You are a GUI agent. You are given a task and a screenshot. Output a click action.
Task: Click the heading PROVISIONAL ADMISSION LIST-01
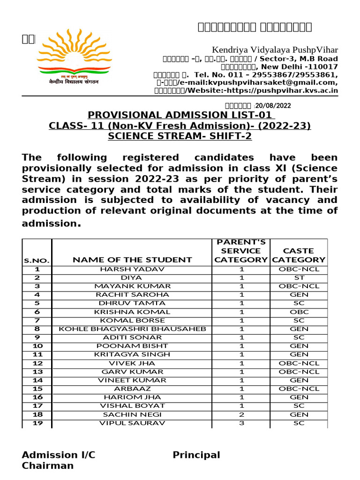(180, 115)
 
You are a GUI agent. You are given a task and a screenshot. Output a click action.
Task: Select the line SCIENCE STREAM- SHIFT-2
(180, 136)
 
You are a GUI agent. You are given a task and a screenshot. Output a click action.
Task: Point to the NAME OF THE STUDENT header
(132, 259)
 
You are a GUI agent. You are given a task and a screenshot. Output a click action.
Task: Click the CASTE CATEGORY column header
(299, 255)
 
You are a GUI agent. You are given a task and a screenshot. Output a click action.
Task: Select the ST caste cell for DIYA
(299, 277)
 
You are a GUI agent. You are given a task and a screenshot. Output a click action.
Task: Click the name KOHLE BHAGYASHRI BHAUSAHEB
(132, 329)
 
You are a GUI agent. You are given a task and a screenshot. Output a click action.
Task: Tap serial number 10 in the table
(37, 346)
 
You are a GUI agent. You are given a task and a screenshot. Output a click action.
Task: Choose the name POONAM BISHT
(132, 346)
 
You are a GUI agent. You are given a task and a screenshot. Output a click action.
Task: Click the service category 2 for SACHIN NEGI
(241, 414)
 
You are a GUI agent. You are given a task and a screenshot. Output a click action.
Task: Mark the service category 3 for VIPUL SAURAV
(241, 423)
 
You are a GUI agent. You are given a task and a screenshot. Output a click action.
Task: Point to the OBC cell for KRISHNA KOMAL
(299, 312)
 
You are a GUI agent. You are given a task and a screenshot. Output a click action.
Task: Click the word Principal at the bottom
(196, 455)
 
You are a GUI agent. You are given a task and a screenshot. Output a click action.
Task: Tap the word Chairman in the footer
(48, 465)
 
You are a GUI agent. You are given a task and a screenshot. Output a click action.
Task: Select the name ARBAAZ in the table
(132, 389)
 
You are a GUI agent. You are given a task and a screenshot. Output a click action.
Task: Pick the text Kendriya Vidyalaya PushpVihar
(275, 50)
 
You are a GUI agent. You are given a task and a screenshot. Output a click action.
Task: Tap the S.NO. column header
(37, 260)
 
